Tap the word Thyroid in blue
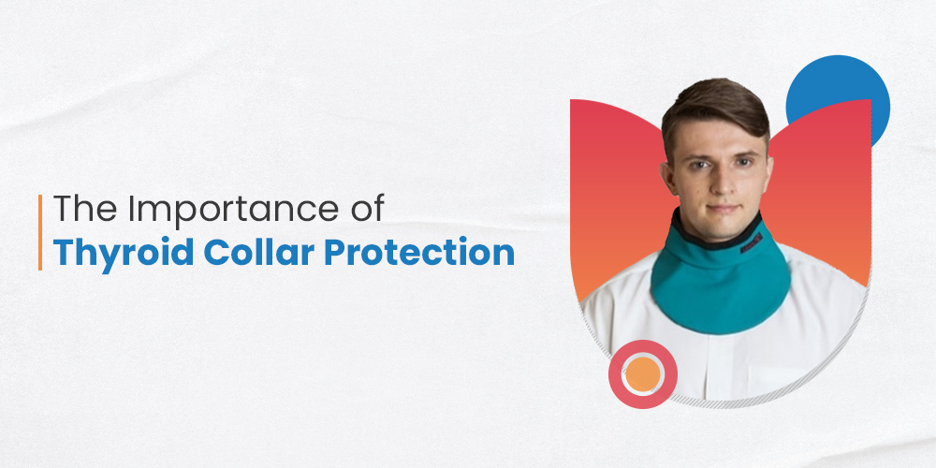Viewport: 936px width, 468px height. pyautogui.click(x=124, y=254)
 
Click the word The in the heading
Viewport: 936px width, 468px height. pyautogui.click(x=87, y=209)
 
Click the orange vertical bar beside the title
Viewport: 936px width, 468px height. pyautogui.click(x=40, y=232)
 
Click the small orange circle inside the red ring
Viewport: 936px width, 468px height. pyautogui.click(x=643, y=374)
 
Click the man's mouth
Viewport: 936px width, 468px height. pyautogui.click(x=723, y=209)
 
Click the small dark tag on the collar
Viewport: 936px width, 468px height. pyautogui.click(x=752, y=243)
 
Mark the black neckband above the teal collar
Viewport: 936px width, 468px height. pyautogui.click(x=715, y=233)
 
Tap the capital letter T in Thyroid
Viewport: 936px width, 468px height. pyautogui.click(x=64, y=253)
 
